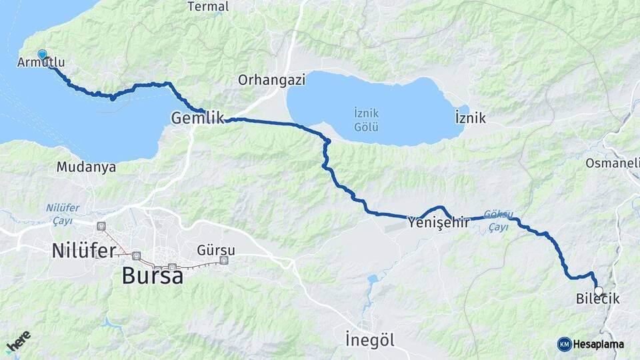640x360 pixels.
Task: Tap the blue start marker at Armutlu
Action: pyautogui.click(x=43, y=55)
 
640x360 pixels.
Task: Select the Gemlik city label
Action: pyautogui.click(x=197, y=118)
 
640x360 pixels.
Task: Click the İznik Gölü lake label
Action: pyautogui.click(x=366, y=120)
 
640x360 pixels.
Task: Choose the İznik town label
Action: pyautogui.click(x=471, y=119)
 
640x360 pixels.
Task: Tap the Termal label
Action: pyautogui.click(x=208, y=7)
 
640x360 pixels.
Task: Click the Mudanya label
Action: pyautogui.click(x=86, y=167)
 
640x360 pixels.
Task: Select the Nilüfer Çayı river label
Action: pyautogui.click(x=63, y=214)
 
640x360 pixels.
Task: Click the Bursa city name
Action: pyautogui.click(x=153, y=275)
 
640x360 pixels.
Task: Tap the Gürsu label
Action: pyautogui.click(x=216, y=250)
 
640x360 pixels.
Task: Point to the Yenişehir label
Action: pyautogui.click(x=439, y=222)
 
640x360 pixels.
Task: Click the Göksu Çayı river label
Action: pyautogui.click(x=499, y=221)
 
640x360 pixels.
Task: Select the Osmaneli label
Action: pyautogui.click(x=612, y=163)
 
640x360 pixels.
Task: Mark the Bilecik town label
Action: pyautogui.click(x=597, y=300)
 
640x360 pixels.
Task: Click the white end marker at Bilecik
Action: pyautogui.click(x=599, y=291)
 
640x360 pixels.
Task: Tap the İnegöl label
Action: pyautogui.click(x=370, y=339)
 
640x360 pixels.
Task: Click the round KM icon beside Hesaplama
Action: pyautogui.click(x=565, y=344)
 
